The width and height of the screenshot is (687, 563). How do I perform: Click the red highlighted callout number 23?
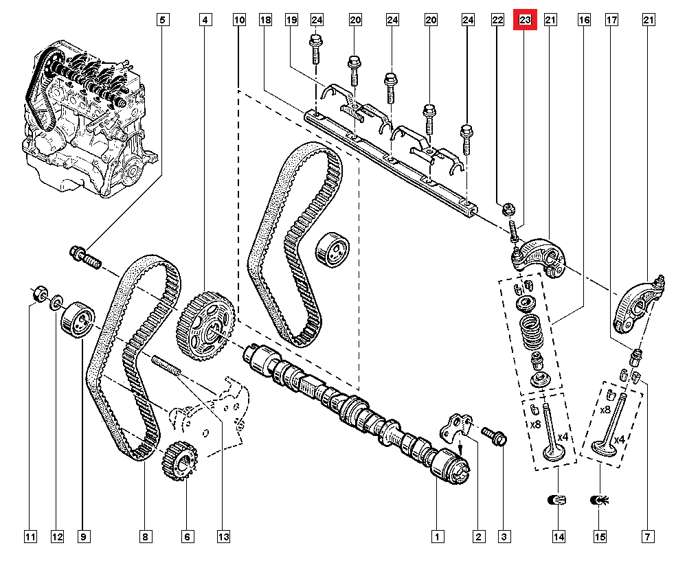click(x=525, y=21)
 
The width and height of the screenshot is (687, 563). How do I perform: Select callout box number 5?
click(x=162, y=21)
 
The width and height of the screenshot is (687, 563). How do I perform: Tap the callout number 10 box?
click(x=238, y=21)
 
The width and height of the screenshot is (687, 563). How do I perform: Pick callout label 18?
click(x=266, y=21)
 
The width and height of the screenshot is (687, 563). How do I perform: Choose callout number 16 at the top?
click(x=584, y=21)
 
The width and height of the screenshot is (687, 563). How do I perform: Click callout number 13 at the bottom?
click(x=223, y=536)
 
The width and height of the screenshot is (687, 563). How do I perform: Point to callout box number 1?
click(x=436, y=536)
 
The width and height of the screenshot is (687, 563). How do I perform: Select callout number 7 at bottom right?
click(x=647, y=536)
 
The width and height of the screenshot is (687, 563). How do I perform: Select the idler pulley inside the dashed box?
click(x=332, y=248)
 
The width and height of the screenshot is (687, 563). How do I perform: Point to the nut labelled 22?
click(x=510, y=207)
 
